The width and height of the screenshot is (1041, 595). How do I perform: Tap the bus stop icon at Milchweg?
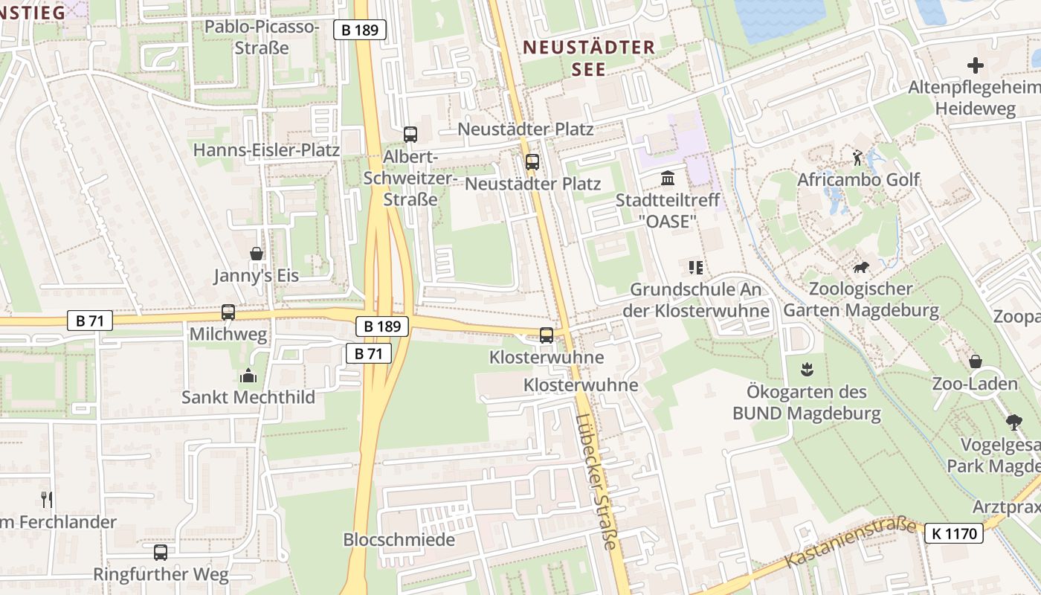pyautogui.click(x=228, y=312)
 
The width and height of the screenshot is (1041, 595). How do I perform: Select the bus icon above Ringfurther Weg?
pyautogui.click(x=161, y=553)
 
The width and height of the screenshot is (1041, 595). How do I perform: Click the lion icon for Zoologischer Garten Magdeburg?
pyautogui.click(x=861, y=267)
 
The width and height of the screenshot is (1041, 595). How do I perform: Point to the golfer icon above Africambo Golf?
pyautogui.click(x=857, y=158)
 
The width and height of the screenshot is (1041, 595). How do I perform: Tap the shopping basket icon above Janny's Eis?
pyautogui.click(x=257, y=254)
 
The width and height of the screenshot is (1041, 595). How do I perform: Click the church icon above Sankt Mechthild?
pyautogui.click(x=248, y=375)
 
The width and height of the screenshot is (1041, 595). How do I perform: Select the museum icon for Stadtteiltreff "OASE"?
pyautogui.click(x=668, y=178)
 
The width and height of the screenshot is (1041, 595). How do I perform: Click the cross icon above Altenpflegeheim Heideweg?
pyautogui.click(x=975, y=65)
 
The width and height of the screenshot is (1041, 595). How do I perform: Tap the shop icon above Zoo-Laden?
pyautogui.click(x=975, y=362)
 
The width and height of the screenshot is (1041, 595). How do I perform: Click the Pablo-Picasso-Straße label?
pyautogui.click(x=262, y=37)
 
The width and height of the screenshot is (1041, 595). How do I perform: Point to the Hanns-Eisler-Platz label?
pyautogui.click(x=266, y=150)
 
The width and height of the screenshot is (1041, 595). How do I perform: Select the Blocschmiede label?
pyautogui.click(x=399, y=539)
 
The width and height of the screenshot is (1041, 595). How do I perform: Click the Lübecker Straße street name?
pyautogui.click(x=596, y=482)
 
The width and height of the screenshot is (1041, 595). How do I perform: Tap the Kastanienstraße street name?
pyautogui.click(x=851, y=543)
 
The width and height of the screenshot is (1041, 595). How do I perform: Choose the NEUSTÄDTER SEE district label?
pyautogui.click(x=589, y=58)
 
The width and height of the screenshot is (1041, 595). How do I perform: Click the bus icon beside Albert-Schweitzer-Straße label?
pyautogui.click(x=410, y=135)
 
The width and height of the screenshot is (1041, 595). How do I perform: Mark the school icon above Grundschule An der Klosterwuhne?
pyautogui.click(x=696, y=267)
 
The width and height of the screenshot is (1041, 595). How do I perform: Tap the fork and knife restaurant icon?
pyautogui.click(x=47, y=499)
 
